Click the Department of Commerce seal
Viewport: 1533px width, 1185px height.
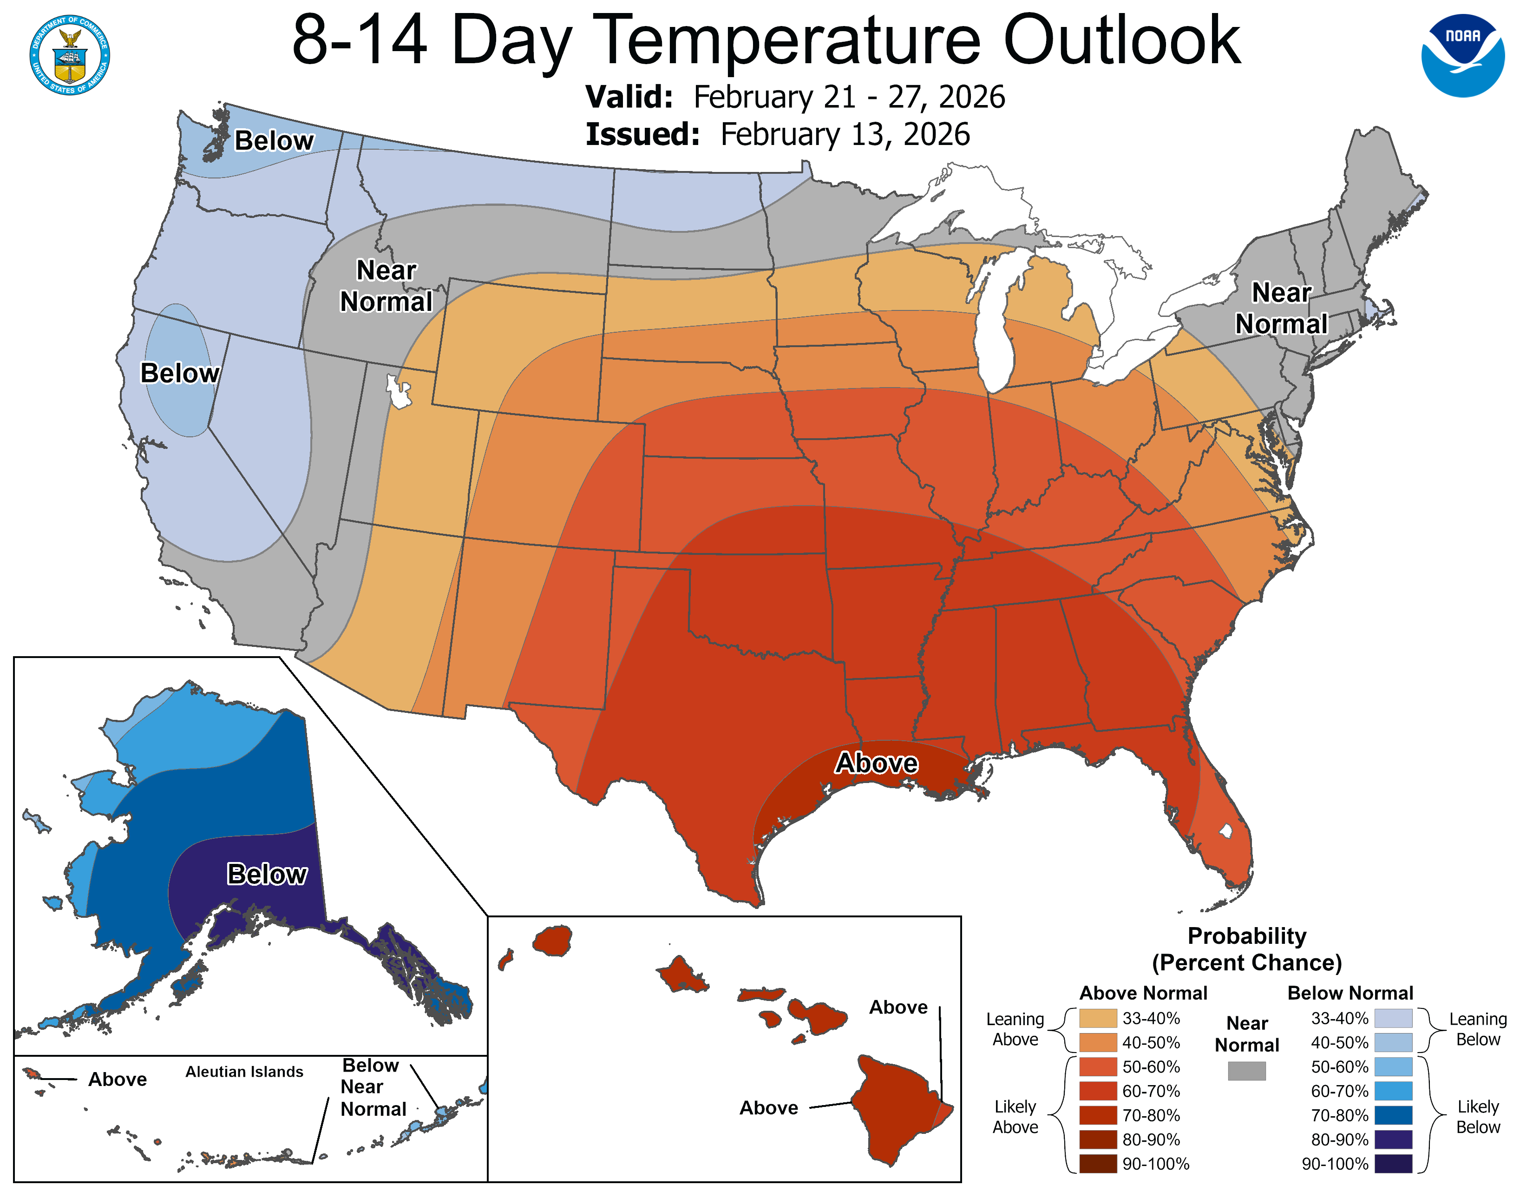tap(70, 55)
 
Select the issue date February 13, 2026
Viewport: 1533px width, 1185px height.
tap(845, 135)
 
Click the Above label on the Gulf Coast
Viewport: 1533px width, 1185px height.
tap(876, 763)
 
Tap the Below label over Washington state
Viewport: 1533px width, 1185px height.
tap(274, 140)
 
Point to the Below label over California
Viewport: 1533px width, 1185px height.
tap(180, 373)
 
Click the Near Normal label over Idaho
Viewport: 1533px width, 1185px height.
tap(386, 286)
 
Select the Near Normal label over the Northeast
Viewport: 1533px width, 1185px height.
tap(1281, 308)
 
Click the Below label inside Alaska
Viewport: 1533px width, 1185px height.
tap(267, 874)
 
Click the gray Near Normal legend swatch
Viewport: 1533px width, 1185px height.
tap(1247, 1071)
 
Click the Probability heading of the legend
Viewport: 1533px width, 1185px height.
tap(1247, 936)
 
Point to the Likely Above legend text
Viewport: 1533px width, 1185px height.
tap(1015, 1117)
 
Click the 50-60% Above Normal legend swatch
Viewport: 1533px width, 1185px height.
tap(1098, 1067)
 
